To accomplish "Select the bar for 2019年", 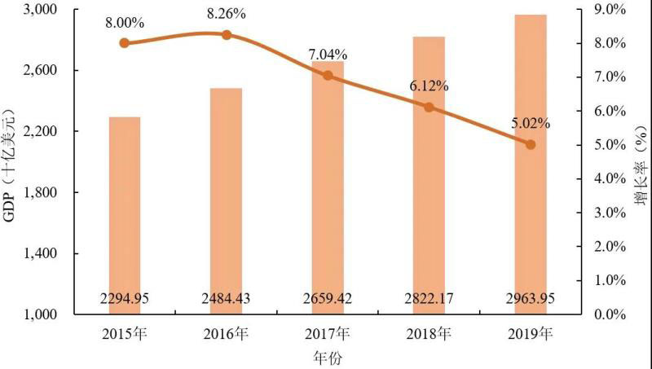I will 530,163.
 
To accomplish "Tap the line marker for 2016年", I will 226,35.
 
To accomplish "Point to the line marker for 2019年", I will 530,144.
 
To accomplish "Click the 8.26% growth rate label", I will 226,14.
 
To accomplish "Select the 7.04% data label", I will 327,55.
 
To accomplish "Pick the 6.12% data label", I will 429,86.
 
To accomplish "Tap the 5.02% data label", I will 530,124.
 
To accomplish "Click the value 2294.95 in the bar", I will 124,298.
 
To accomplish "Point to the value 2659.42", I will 327,298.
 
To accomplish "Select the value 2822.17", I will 429,298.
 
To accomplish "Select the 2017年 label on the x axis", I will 327,334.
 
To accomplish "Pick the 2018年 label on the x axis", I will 429,334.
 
